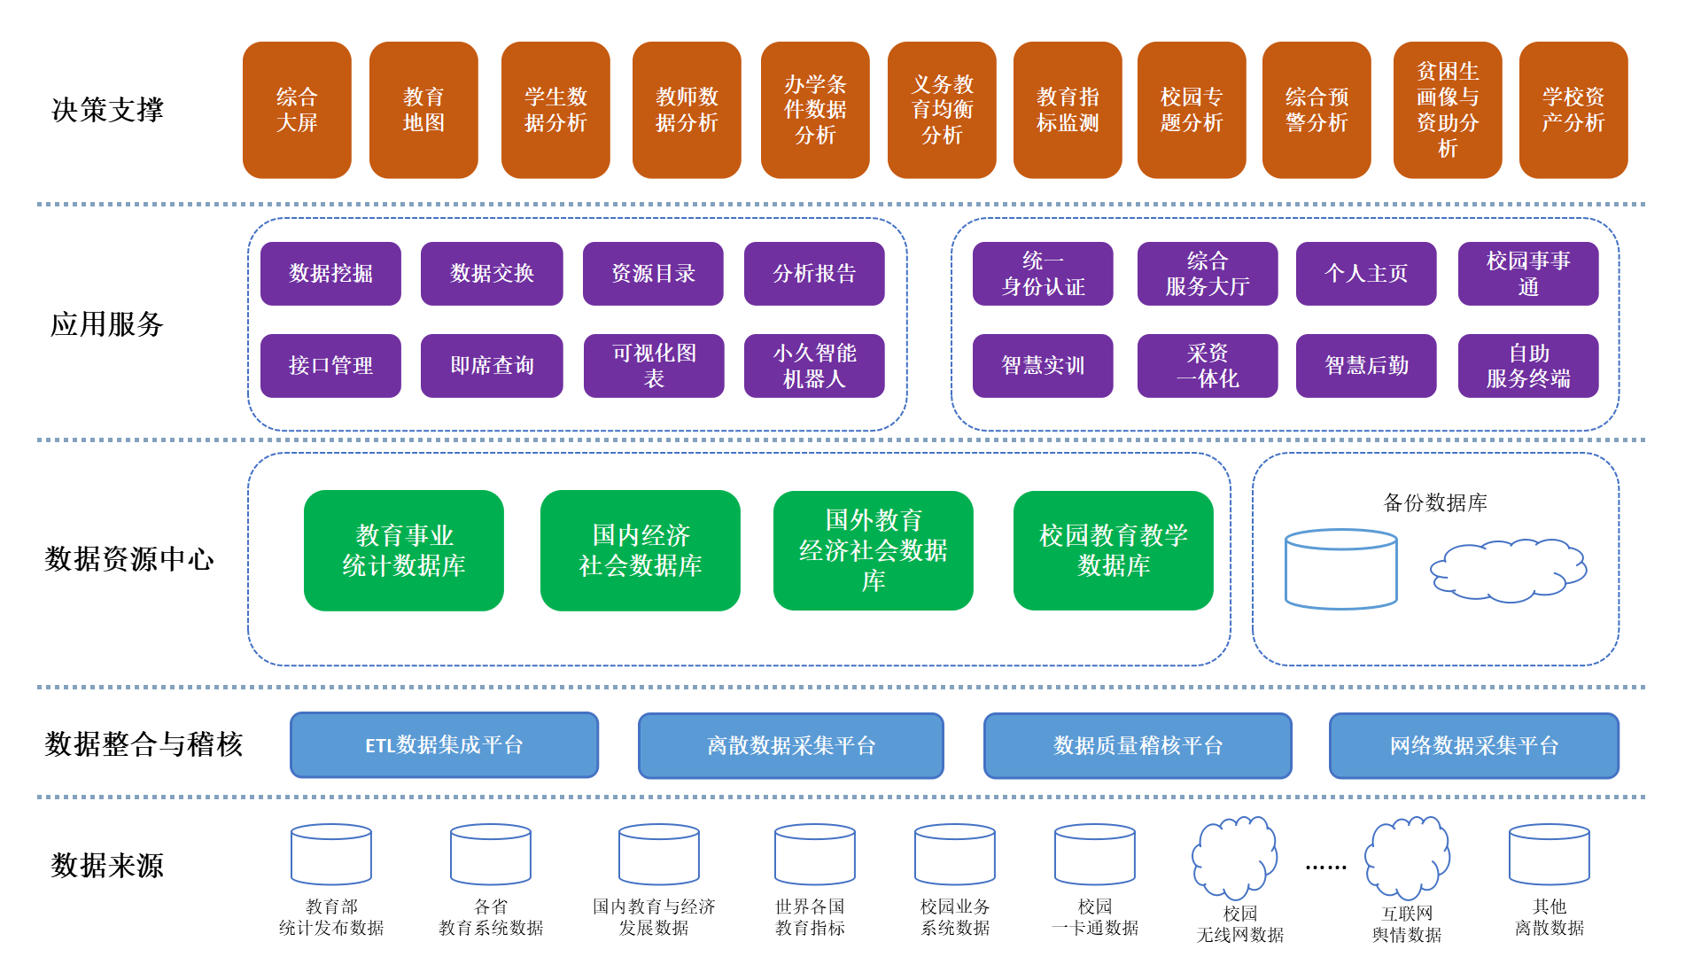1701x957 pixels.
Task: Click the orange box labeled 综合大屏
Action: pyautogui.click(x=297, y=110)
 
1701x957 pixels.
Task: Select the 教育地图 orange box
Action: pyautogui.click(x=423, y=110)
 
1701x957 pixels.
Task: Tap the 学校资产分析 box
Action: pyautogui.click(x=1573, y=110)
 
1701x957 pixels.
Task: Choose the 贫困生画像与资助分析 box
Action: pyautogui.click(x=1448, y=110)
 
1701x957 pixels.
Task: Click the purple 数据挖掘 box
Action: pyautogui.click(x=330, y=274)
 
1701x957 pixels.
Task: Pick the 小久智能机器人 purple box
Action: pyautogui.click(x=814, y=366)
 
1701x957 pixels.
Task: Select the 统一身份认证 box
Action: pyautogui.click(x=1043, y=274)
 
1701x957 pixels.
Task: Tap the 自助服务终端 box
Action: pyautogui.click(x=1528, y=366)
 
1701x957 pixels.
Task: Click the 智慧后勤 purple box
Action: pyautogui.click(x=1366, y=366)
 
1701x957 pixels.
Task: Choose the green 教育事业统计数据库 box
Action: pyautogui.click(x=404, y=550)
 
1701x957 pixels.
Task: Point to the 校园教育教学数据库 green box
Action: pyautogui.click(x=1114, y=550)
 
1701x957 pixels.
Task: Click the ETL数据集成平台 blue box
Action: pyautogui.click(x=444, y=745)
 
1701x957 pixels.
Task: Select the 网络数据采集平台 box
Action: pyautogui.click(x=1474, y=746)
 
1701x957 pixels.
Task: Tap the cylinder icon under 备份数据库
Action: pyautogui.click(x=1340, y=569)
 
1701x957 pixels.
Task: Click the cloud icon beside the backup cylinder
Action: pyautogui.click(x=1508, y=571)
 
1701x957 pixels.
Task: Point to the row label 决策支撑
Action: pyautogui.click(x=108, y=110)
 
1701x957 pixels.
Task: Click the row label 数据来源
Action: pyautogui.click(x=108, y=865)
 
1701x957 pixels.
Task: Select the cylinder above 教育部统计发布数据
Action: pyautogui.click(x=331, y=854)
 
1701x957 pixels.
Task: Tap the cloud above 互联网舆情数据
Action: pyautogui.click(x=1407, y=857)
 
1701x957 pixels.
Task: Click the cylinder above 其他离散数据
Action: pyautogui.click(x=1550, y=854)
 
